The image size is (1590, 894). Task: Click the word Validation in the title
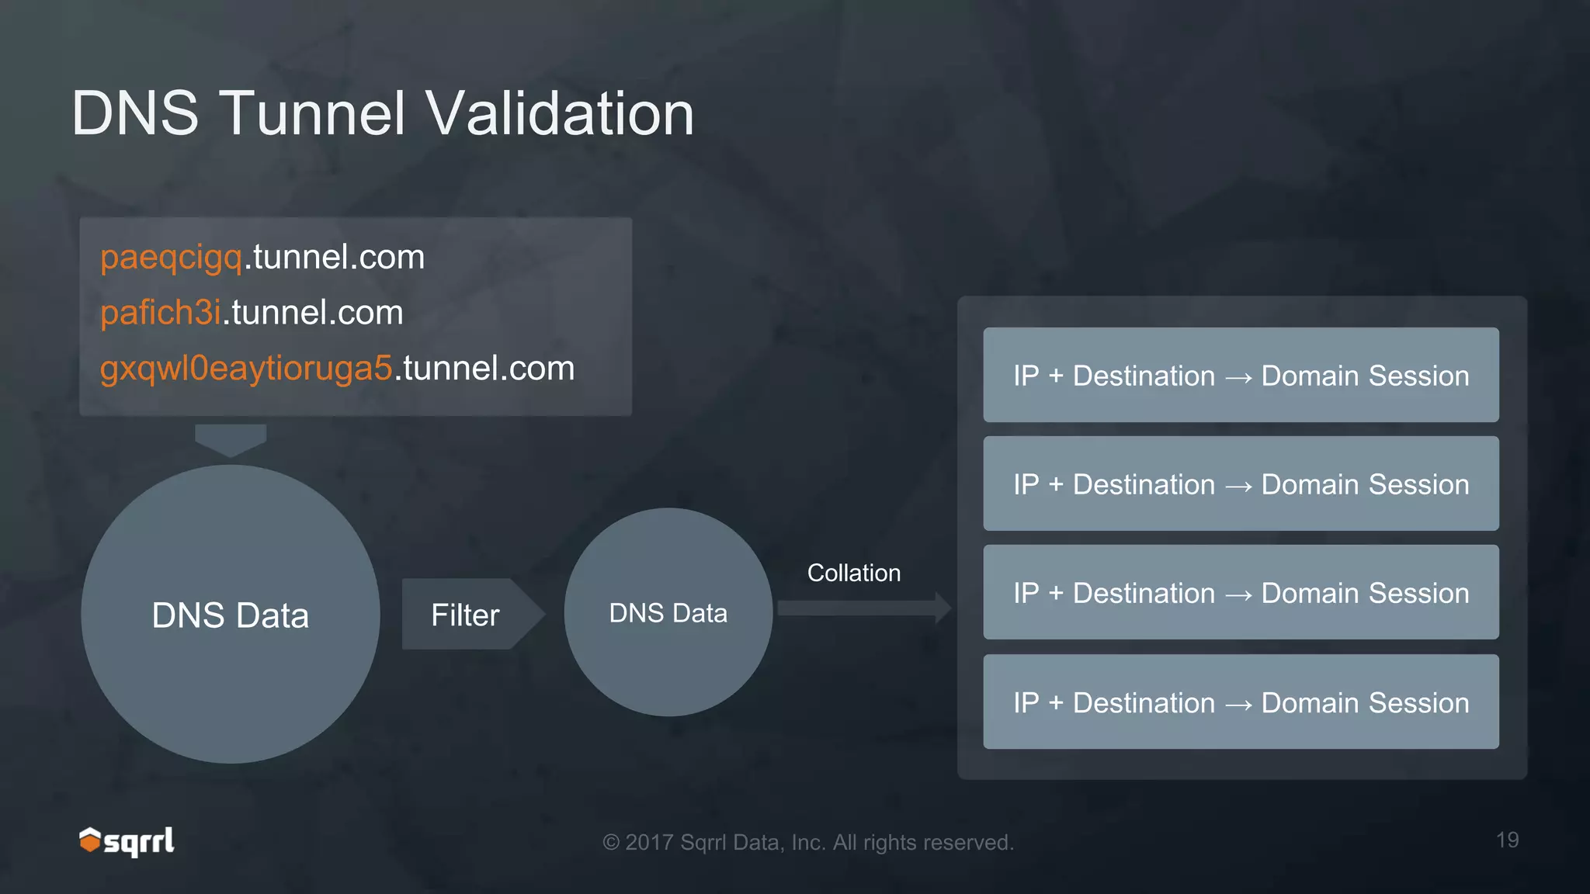click(560, 113)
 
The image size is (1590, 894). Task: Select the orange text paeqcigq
click(172, 257)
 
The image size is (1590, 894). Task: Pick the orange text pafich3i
click(161, 313)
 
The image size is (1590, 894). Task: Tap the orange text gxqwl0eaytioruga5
click(246, 369)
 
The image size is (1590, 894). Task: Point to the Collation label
click(854, 573)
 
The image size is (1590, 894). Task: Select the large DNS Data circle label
click(231, 615)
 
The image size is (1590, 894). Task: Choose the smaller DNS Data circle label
click(668, 613)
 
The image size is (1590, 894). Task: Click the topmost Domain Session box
click(1241, 376)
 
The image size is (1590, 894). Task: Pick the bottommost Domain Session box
click(1241, 702)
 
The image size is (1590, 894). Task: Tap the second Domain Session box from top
click(1241, 484)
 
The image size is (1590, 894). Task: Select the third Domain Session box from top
click(1241, 593)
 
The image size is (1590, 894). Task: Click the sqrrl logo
click(128, 841)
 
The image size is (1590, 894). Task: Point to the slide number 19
click(1507, 840)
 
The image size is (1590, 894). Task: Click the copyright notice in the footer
click(808, 842)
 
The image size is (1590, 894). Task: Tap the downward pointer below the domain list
click(231, 439)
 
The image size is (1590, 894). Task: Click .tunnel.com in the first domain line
click(335, 257)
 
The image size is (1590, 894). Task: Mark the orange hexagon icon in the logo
click(90, 840)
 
